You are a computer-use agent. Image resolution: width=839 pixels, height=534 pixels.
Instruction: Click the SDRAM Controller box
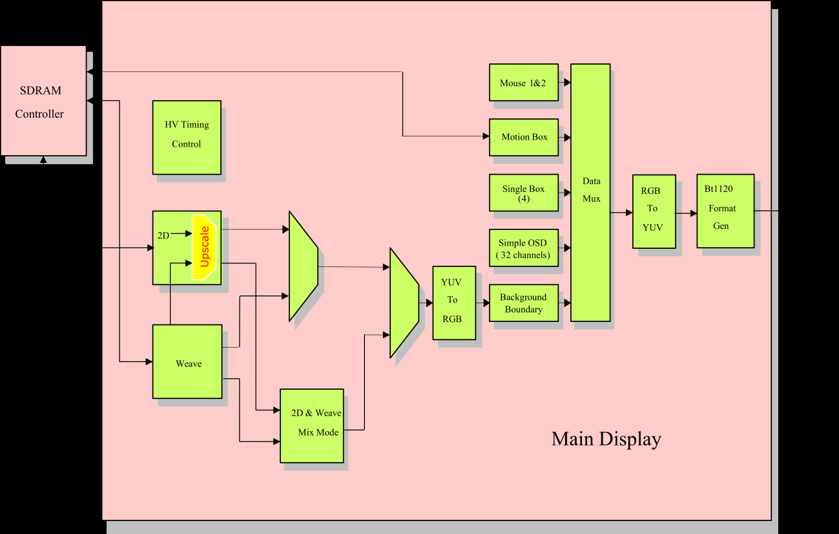43,101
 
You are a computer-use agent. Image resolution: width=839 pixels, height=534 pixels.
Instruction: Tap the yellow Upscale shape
205,247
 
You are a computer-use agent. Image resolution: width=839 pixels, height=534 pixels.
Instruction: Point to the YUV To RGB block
453,303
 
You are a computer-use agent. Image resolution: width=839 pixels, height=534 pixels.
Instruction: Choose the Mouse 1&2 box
523,82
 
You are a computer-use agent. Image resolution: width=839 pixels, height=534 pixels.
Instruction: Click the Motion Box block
523,137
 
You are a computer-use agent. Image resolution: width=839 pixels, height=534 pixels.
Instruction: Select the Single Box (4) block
523,193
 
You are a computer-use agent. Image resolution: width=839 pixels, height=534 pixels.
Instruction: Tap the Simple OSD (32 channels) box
523,248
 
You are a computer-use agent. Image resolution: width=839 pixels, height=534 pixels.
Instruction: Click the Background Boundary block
523,303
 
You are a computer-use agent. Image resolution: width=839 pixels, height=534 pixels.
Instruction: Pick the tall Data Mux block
590,192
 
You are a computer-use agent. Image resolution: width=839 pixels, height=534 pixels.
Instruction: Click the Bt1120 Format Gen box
725,211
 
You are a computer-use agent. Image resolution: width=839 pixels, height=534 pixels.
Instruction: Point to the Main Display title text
606,439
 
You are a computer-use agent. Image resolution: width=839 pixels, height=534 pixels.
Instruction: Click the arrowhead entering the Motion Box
486,136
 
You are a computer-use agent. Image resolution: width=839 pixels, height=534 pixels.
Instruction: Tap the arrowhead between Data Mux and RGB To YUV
629,212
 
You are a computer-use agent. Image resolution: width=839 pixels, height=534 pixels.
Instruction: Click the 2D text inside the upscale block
163,235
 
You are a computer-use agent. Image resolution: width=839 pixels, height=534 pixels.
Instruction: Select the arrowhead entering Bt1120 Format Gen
694,213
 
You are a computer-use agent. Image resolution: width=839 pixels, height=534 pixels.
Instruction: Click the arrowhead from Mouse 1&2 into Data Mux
567,83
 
